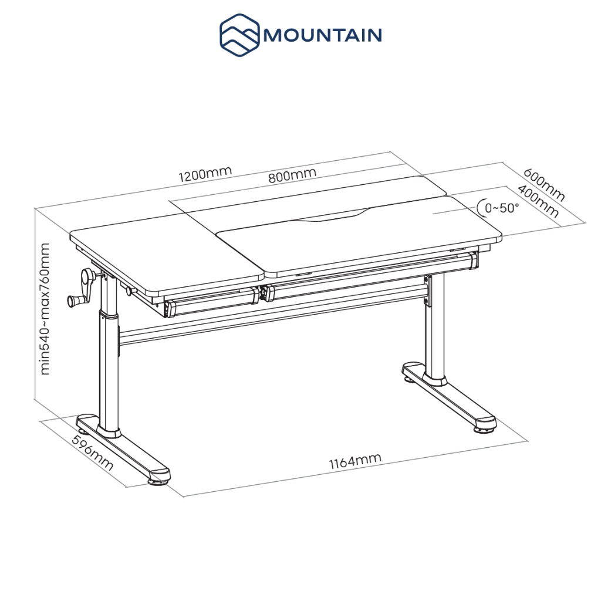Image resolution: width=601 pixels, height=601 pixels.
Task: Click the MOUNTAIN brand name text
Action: (x=322, y=35)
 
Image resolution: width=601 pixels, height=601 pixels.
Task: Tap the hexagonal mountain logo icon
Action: (x=239, y=35)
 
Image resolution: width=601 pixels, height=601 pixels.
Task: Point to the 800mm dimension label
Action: (x=292, y=175)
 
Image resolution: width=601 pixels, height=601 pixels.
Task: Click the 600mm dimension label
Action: (x=544, y=184)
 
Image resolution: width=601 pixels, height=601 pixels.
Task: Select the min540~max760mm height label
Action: (x=45, y=309)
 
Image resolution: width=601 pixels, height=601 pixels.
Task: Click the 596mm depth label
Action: (x=92, y=454)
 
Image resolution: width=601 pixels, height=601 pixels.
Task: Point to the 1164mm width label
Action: (x=355, y=461)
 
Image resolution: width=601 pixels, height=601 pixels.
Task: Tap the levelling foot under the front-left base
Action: (x=158, y=482)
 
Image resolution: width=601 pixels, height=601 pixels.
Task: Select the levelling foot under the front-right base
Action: (x=484, y=430)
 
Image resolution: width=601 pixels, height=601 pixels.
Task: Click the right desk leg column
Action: (x=435, y=326)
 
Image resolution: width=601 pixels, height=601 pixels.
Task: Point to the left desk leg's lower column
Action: (x=109, y=372)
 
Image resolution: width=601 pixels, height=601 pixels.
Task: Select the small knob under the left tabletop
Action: (x=130, y=291)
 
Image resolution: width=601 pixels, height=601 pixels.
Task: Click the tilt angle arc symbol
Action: (x=481, y=208)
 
